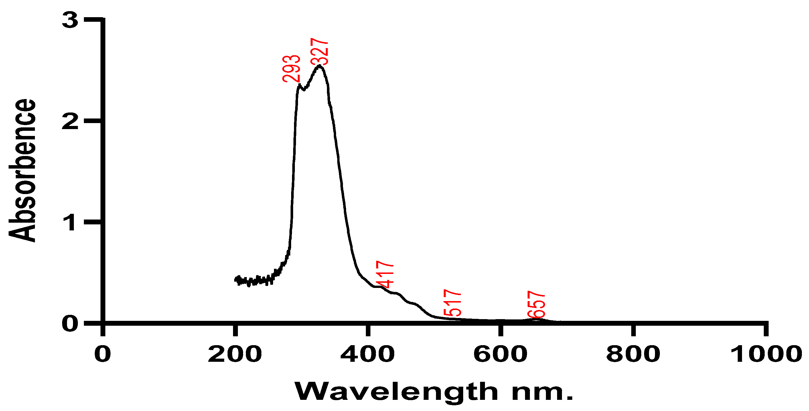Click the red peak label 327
click(x=319, y=52)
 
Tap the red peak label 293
click(x=291, y=69)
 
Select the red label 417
click(x=385, y=274)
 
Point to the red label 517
click(x=452, y=303)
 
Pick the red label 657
click(x=536, y=304)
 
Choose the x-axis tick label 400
click(x=368, y=354)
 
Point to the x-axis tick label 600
click(x=500, y=354)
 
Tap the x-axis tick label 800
click(x=633, y=354)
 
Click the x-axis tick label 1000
click(x=766, y=354)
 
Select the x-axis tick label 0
click(x=103, y=354)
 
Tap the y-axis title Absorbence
click(x=22, y=171)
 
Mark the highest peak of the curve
click(x=319, y=66)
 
